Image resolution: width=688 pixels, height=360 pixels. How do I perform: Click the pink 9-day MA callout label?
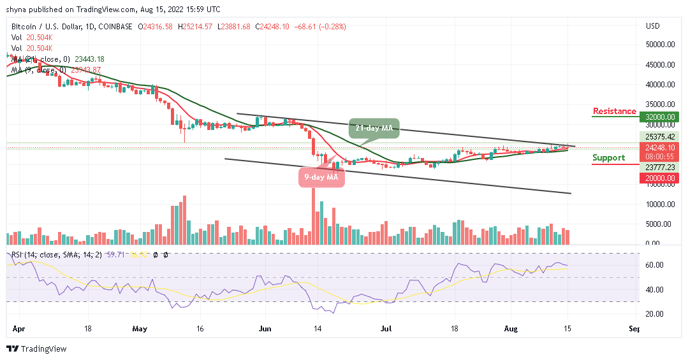(322, 177)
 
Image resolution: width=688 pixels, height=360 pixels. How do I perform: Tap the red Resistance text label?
(614, 112)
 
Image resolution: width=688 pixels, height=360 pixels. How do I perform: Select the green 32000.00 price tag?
(659, 117)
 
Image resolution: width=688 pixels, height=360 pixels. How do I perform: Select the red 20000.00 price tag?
(659, 178)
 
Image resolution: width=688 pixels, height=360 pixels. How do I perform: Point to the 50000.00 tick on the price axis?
(659, 45)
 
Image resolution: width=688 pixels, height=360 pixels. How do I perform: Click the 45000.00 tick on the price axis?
(659, 64)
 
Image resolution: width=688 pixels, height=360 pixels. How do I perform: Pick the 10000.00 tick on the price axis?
(659, 205)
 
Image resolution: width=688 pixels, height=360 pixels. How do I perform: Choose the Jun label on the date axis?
(266, 329)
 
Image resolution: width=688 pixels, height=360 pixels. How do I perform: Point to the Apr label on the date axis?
(17, 329)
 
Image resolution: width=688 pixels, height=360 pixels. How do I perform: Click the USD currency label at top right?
(652, 26)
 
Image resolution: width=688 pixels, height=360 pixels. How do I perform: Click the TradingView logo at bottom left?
(36, 349)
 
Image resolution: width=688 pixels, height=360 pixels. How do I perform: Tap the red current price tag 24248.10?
(659, 147)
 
